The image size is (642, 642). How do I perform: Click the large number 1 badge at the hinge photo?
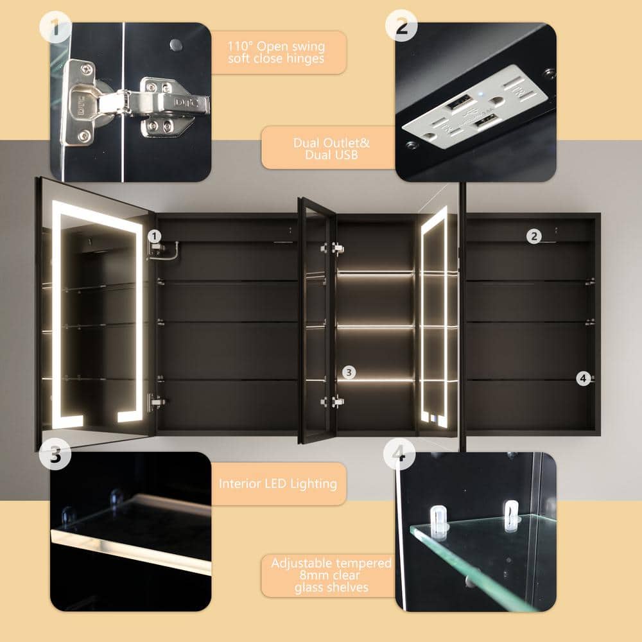point(56,26)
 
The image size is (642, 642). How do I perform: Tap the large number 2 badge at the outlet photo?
point(401,26)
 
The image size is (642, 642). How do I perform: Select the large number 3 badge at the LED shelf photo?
point(55,454)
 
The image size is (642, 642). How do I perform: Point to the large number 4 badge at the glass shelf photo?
point(399,453)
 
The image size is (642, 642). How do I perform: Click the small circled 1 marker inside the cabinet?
point(154,236)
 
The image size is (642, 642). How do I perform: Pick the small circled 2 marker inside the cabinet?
point(534,236)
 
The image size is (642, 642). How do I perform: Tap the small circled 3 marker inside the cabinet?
point(349,372)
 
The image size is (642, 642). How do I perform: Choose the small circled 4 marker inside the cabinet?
point(584,378)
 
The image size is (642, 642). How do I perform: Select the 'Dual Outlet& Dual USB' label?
point(331,149)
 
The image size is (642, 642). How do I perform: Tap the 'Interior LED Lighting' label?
point(278,483)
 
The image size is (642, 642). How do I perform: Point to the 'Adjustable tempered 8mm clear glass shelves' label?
point(331,575)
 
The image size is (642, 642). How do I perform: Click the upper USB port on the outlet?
point(458,101)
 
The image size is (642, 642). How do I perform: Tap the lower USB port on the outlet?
point(487,121)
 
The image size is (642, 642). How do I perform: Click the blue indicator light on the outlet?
point(481,93)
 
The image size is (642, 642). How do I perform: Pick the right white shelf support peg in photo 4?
point(510,516)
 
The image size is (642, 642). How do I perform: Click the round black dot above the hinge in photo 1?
point(176,45)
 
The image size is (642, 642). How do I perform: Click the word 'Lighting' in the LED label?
point(313,484)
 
